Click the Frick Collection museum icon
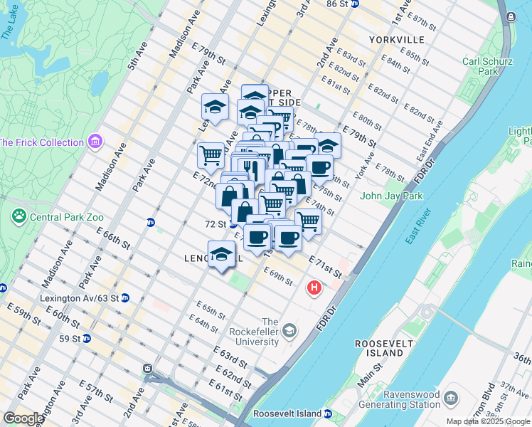click(x=96, y=142)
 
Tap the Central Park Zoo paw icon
click(x=18, y=215)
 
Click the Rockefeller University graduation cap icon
click(x=289, y=331)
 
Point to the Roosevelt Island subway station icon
click(x=327, y=413)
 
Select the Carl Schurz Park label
click(x=480, y=66)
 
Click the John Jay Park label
click(x=391, y=196)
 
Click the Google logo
click(x=23, y=418)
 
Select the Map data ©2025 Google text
click(x=489, y=421)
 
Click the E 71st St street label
click(x=326, y=264)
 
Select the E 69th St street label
click(x=277, y=276)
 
